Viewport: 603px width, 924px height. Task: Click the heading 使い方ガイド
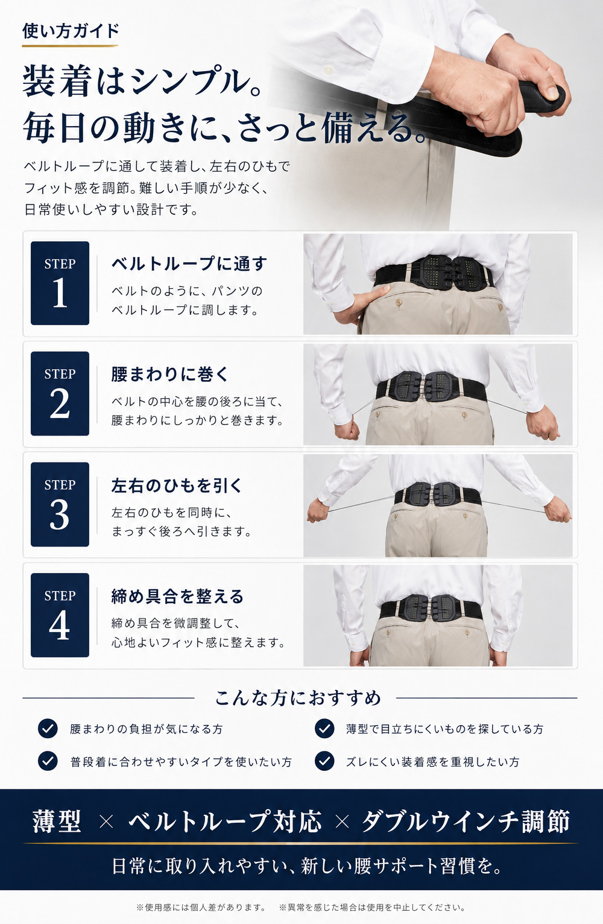[71, 31]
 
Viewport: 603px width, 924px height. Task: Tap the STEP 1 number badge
[60, 283]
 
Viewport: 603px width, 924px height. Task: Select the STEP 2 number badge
[60, 393]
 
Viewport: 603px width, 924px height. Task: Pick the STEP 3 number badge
[60, 504]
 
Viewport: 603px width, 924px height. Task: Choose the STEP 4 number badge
[60, 615]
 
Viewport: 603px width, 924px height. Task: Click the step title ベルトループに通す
[189, 264]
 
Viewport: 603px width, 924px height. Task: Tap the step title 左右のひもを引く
[177, 486]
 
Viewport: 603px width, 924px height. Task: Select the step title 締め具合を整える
[177, 596]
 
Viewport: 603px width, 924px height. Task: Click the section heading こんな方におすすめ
[298, 698]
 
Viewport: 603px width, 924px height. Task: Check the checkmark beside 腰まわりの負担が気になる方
[48, 729]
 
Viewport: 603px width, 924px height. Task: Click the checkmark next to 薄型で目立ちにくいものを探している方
[324, 729]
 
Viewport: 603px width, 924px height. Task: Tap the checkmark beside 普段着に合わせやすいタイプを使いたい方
[48, 761]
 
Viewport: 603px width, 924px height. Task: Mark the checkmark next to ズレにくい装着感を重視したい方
[324, 761]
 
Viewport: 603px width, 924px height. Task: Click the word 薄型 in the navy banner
[57, 821]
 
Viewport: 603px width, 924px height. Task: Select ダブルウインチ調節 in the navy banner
[466, 821]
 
